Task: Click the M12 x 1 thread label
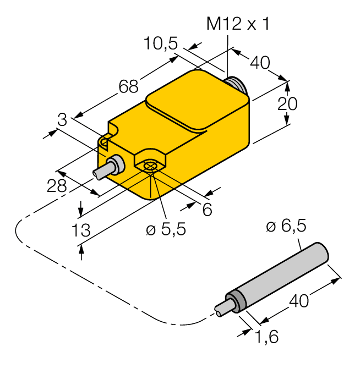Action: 237,24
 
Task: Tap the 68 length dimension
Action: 128,86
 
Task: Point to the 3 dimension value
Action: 62,119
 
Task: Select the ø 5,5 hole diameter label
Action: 166,229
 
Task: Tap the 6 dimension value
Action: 207,209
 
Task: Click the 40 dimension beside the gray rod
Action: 300,300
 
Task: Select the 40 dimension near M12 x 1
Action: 260,63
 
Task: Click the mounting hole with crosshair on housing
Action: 150,166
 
